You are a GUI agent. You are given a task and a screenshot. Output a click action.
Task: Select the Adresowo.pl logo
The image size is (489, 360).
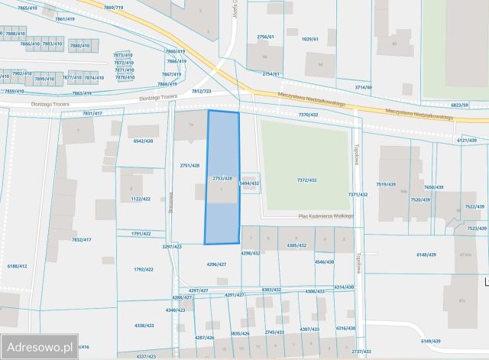coord(39,345)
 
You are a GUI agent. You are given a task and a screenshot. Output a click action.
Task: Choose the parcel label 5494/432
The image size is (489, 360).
coord(250,183)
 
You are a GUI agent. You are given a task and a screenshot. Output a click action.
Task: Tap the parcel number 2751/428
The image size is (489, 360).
coord(189,165)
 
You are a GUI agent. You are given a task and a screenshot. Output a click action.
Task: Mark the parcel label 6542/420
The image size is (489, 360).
coord(143,141)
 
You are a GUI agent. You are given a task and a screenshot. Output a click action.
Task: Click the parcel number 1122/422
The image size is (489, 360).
coord(141,199)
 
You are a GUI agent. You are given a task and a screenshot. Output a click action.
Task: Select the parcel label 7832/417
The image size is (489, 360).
coord(81,239)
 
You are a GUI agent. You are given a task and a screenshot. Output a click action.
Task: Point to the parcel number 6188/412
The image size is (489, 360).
coord(17,265)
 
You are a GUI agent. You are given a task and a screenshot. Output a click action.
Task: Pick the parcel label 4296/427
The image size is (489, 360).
coord(217,264)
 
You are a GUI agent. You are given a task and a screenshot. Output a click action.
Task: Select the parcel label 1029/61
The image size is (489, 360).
coord(309,38)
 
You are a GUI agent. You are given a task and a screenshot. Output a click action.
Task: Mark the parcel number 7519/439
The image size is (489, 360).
coord(386,184)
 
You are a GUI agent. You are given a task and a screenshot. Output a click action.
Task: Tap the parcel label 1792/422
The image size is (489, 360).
coord(144,269)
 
